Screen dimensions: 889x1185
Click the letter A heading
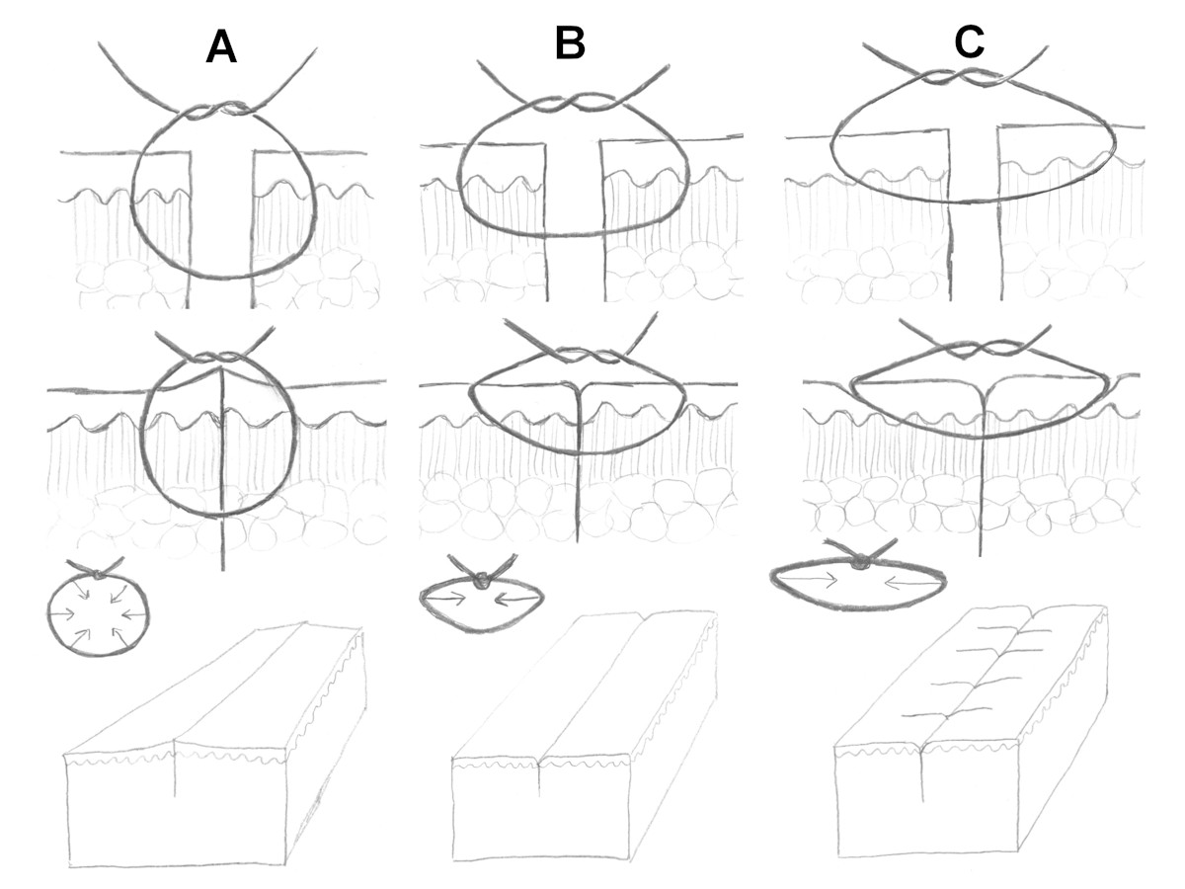[x=220, y=46]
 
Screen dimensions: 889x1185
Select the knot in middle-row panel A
[x=219, y=357]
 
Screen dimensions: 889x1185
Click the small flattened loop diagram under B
[x=482, y=602]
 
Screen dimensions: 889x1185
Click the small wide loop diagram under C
[x=858, y=583]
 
